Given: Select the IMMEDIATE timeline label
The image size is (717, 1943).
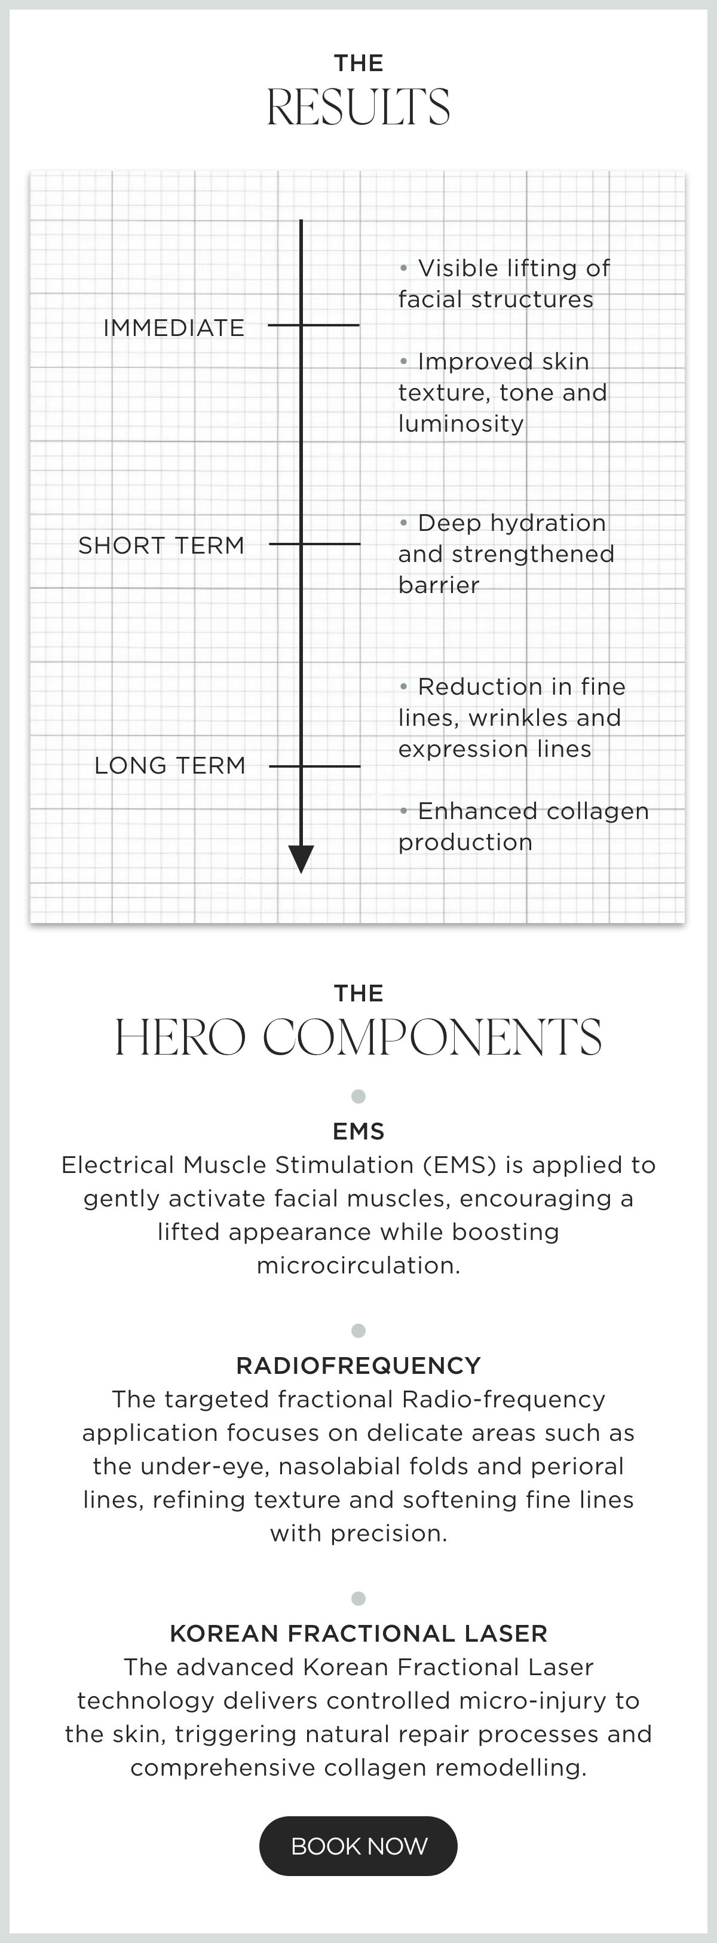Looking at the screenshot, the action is (174, 328).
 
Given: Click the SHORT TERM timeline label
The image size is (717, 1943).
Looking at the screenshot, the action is (161, 545).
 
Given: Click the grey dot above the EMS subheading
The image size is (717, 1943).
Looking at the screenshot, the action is (359, 1096).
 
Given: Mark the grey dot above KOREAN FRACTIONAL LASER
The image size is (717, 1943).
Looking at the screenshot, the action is (359, 1597).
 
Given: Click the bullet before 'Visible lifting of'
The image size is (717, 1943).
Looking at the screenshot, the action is (403, 267).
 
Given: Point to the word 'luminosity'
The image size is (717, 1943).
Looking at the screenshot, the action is (461, 424).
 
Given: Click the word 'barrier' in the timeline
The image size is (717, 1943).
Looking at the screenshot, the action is (439, 585).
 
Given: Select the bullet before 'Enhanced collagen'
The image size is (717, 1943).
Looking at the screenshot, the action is (403, 810).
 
